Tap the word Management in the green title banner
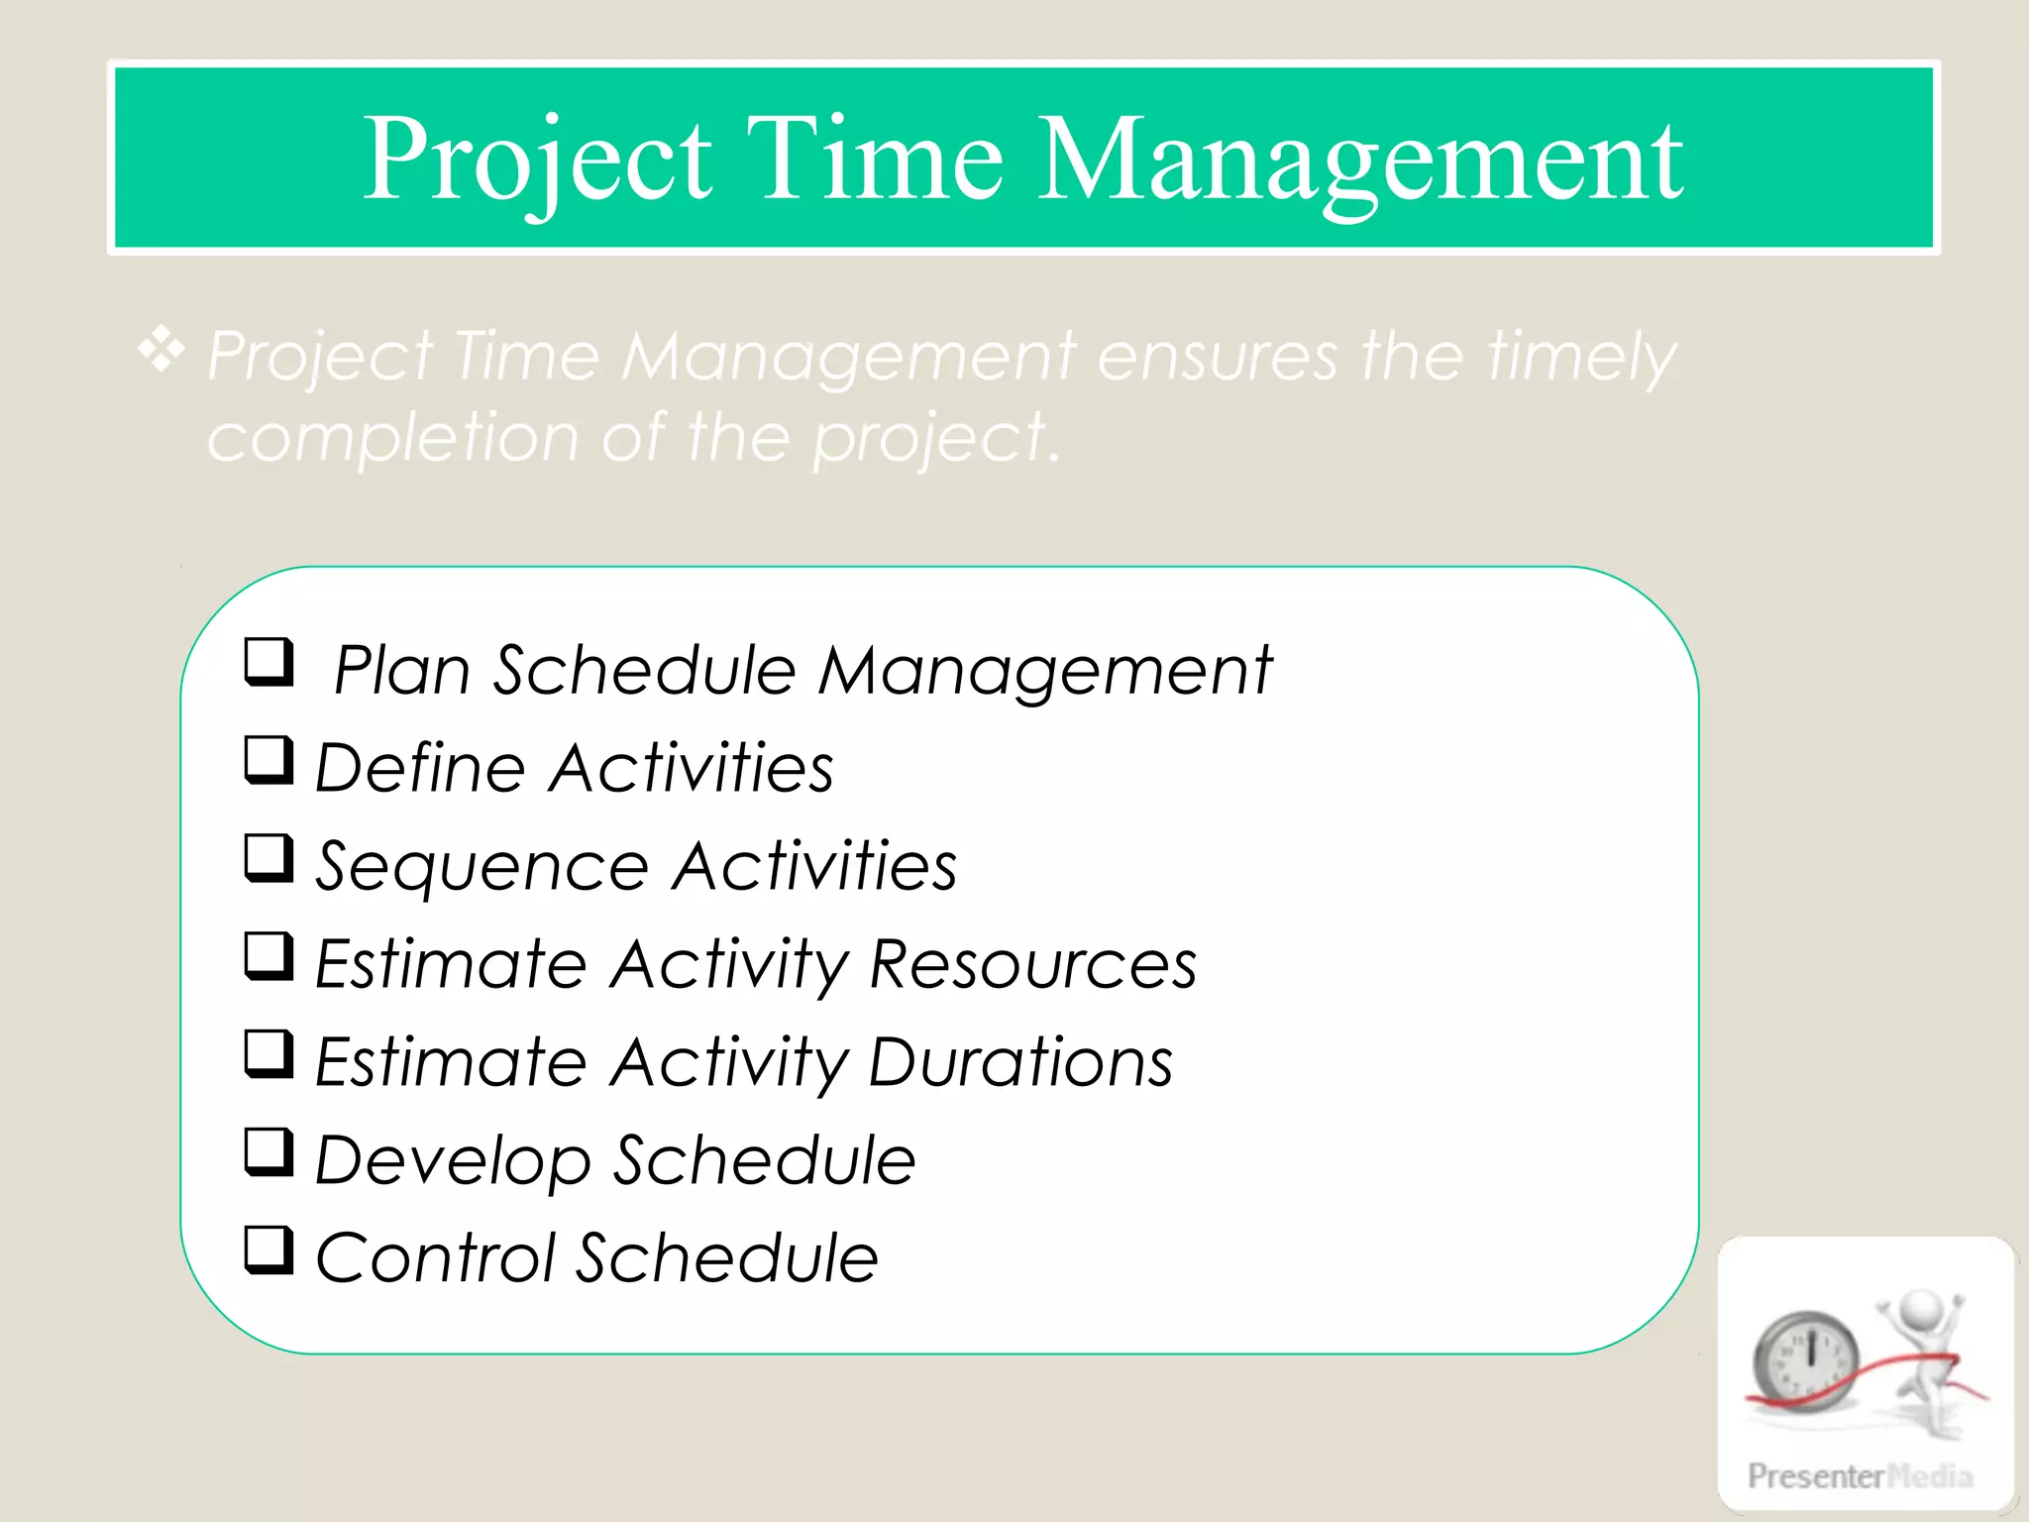coord(1359,159)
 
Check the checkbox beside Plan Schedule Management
coord(268,662)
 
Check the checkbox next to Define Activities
coord(268,760)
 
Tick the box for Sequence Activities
coord(268,858)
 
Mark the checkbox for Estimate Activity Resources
coord(268,956)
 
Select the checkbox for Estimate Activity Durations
coord(268,1054)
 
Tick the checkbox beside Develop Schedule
coord(268,1151)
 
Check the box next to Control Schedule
coord(268,1250)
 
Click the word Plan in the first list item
coord(401,671)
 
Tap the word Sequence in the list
coord(481,868)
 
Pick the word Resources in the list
coord(1032,964)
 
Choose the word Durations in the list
coord(1020,1062)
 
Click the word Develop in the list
coord(452,1161)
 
